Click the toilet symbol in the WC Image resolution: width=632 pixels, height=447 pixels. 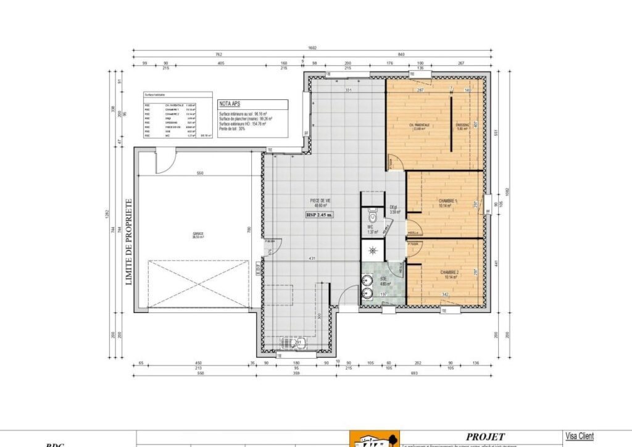pos(372,217)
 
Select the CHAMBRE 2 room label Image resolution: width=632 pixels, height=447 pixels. pos(449,273)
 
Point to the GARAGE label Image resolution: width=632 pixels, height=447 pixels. pos(198,235)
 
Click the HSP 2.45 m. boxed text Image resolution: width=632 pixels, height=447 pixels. pos(320,215)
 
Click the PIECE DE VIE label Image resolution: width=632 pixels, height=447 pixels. pos(319,201)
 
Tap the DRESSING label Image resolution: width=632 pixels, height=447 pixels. pos(463,125)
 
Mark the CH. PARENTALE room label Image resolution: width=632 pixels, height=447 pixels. pos(419,125)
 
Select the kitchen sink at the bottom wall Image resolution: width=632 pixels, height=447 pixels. pos(288,343)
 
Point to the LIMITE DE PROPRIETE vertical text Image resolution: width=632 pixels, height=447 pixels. pos(130,241)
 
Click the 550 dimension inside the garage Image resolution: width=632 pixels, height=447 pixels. pos(199,174)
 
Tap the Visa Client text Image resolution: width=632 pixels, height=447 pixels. pos(579,437)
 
